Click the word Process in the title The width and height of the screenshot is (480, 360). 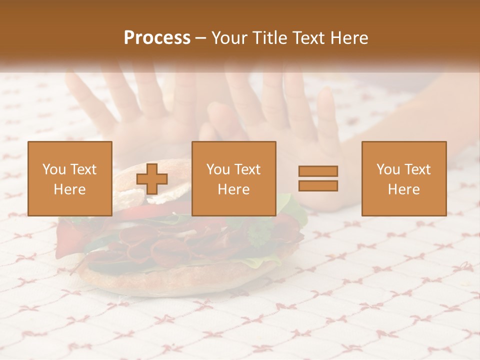coord(157,38)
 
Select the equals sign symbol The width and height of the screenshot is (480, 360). coord(318,178)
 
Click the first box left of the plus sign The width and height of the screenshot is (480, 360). coord(70,178)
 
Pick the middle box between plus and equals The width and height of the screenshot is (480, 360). coord(233,178)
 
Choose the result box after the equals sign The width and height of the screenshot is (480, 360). coord(403,178)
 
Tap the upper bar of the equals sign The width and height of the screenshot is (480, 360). coord(318,171)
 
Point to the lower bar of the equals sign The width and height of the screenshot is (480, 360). coord(318,186)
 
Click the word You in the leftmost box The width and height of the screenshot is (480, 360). coord(52,169)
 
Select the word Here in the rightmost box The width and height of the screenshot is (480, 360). coord(403,189)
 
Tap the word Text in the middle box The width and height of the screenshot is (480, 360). coord(248,169)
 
